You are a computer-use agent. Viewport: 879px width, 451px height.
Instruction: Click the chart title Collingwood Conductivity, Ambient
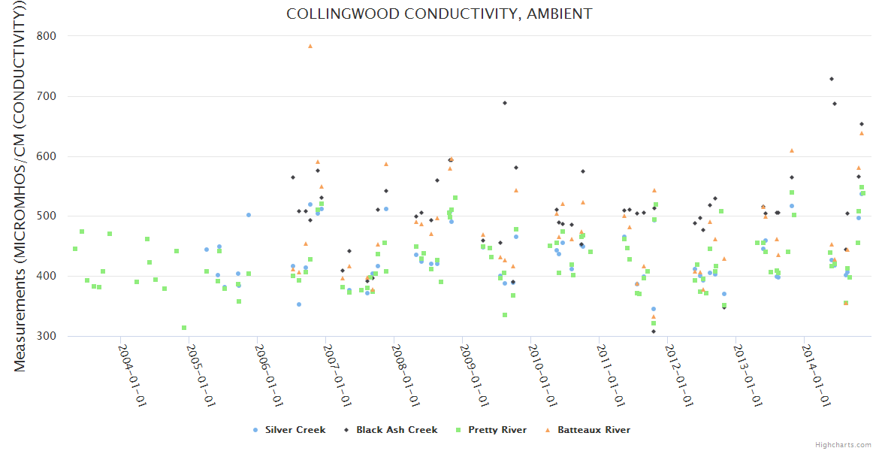[439, 14]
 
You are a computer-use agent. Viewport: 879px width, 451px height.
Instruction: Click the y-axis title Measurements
[20, 188]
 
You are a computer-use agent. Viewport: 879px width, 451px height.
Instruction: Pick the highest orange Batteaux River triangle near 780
[310, 46]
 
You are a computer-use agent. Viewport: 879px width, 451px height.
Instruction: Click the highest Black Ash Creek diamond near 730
[831, 79]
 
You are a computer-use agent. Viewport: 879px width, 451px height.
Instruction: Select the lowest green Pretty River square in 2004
[184, 328]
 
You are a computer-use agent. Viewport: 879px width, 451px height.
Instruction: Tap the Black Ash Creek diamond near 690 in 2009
[505, 103]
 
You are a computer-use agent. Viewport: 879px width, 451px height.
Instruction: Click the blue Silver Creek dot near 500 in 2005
[249, 215]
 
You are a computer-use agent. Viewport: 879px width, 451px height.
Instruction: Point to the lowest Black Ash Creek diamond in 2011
[654, 331]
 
